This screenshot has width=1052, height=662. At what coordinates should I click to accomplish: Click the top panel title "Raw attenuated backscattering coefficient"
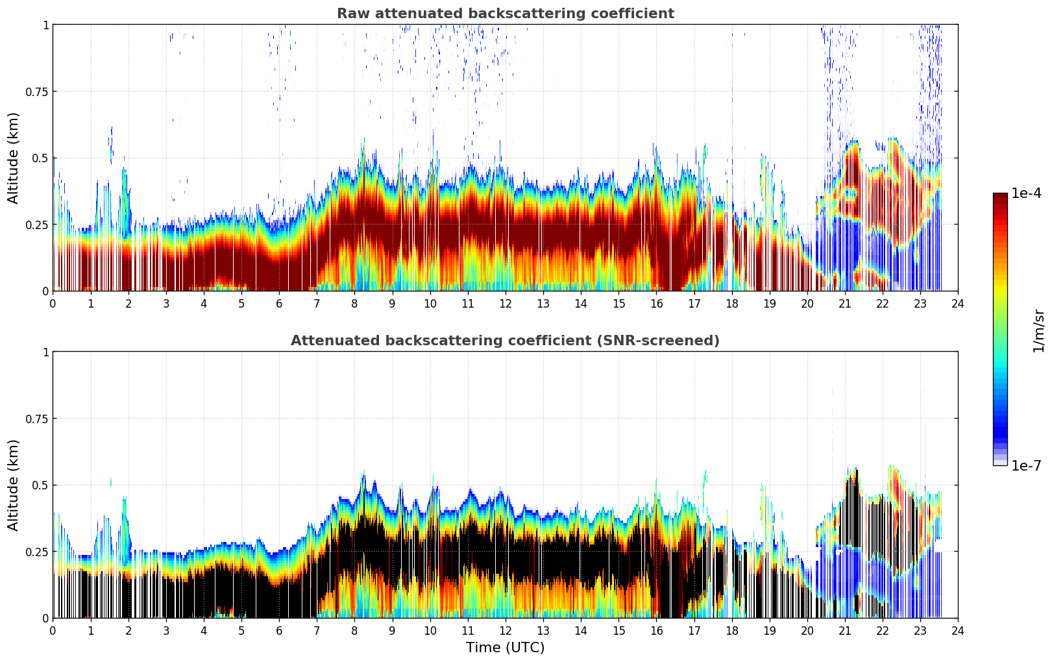click(x=505, y=14)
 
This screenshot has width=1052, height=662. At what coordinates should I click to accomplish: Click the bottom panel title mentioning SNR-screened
click(x=505, y=341)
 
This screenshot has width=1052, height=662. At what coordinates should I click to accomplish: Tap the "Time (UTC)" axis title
click(x=505, y=648)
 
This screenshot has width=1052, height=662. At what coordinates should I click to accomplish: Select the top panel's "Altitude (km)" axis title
click(x=14, y=158)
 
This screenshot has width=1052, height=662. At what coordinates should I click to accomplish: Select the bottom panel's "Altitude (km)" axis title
click(x=14, y=485)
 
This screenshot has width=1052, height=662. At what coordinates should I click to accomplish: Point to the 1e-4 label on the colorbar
click(x=1026, y=193)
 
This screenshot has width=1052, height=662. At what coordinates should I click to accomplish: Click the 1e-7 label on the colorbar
click(x=1026, y=465)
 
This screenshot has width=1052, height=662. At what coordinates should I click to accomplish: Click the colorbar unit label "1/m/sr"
click(x=1038, y=331)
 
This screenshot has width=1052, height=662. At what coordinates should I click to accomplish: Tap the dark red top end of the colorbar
click(x=999, y=196)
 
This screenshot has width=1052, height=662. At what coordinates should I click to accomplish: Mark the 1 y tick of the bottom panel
click(x=45, y=352)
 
